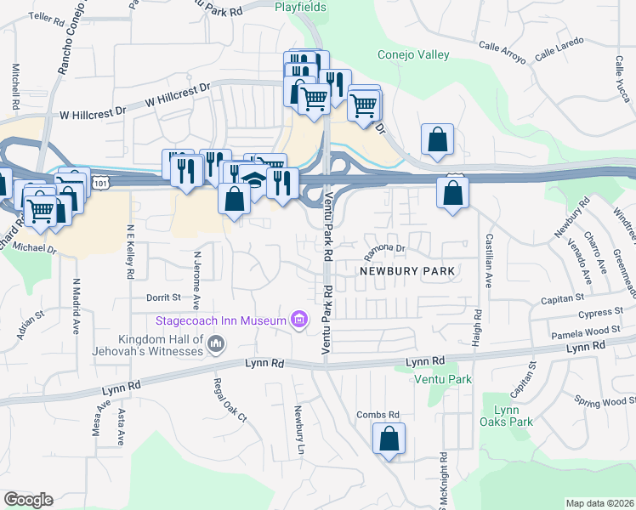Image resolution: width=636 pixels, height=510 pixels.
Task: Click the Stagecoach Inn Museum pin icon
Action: (298, 320)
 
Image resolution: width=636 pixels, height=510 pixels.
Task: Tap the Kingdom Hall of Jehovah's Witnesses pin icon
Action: (216, 344)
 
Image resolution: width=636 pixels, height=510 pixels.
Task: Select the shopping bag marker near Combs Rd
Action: (389, 439)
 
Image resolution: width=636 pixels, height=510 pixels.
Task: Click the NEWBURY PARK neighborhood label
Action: (408, 271)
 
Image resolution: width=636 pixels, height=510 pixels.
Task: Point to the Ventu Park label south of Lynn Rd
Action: (442, 379)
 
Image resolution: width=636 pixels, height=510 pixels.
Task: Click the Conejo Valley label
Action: (412, 55)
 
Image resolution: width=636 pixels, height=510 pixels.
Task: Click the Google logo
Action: (28, 500)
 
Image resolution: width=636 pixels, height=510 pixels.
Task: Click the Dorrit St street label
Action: (163, 297)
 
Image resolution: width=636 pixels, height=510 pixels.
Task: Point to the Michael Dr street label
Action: (36, 250)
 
